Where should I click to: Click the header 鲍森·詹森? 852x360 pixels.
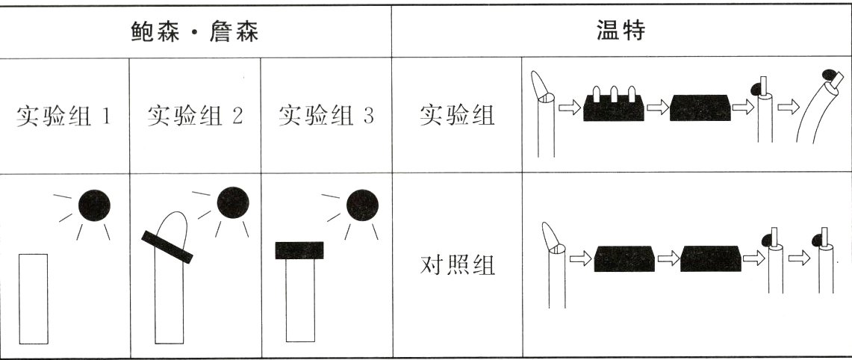(195, 32)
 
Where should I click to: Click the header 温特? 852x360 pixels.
(621, 32)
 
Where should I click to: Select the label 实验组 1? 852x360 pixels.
(64, 117)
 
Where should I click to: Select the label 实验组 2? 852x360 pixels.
(195, 117)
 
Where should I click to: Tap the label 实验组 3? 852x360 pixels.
(326, 117)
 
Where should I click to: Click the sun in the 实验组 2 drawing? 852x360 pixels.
(231, 202)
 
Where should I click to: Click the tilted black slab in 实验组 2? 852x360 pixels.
(167, 246)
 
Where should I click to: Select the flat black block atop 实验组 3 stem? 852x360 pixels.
(299, 250)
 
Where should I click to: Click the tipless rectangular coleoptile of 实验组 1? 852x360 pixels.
(33, 299)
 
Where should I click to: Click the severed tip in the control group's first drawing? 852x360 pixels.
(550, 237)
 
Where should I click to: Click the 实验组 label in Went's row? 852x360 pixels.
(457, 117)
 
